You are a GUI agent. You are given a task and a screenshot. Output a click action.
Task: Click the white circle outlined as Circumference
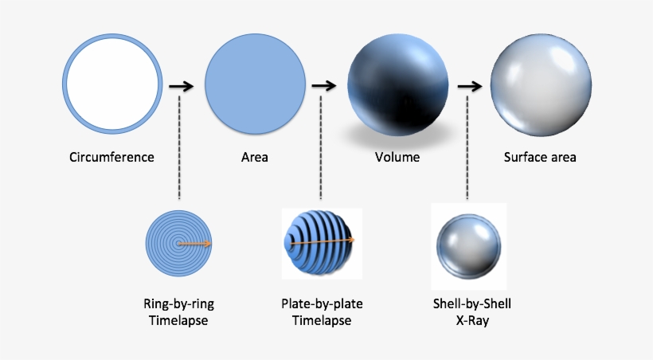(113, 84)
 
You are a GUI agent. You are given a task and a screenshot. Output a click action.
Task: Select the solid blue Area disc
(255, 84)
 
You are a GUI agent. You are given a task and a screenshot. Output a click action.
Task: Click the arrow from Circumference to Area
(182, 85)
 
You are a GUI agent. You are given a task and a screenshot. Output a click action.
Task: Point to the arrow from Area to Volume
(323, 85)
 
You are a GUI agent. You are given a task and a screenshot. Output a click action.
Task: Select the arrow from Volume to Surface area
(468, 85)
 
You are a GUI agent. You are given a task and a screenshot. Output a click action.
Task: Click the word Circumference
(112, 157)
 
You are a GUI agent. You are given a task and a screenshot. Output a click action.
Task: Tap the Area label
(255, 157)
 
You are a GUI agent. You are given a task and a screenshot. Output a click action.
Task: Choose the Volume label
(397, 157)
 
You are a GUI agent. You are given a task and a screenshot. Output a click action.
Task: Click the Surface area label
(540, 157)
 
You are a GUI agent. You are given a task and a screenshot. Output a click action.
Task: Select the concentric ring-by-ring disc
(179, 243)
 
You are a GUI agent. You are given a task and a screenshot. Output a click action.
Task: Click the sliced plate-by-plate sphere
(320, 242)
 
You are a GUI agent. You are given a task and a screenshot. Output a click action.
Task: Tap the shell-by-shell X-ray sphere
(468, 242)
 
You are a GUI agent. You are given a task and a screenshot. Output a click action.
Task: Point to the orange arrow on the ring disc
(194, 244)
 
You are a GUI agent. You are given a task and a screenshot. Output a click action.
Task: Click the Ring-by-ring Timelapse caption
(179, 312)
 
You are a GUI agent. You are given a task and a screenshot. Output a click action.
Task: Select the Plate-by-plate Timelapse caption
(321, 312)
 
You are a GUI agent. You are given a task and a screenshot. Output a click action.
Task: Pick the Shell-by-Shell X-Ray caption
(468, 312)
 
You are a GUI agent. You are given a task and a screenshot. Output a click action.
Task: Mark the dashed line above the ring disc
(180, 147)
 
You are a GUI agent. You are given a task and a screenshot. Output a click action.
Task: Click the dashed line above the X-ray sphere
(467, 147)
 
